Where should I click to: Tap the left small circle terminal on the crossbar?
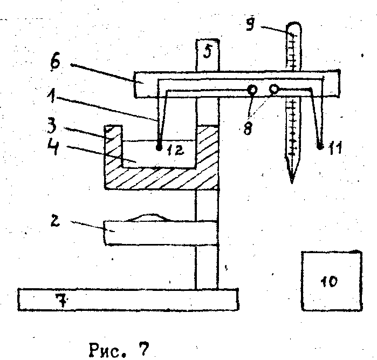pos(251,90)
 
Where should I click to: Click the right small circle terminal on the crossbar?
pos(275,89)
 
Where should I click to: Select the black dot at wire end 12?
pos(159,146)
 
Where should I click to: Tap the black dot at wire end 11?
pos(321,146)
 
